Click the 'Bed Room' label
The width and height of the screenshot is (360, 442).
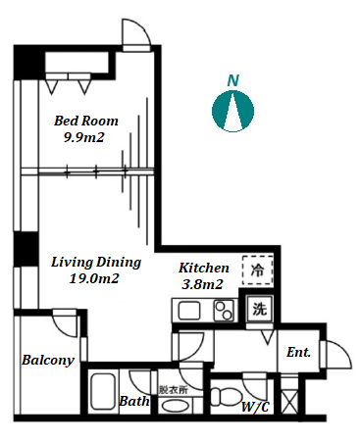coord(86,121)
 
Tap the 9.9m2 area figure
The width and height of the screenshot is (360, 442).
coord(83,137)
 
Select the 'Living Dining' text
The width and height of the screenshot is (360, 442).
coord(96,263)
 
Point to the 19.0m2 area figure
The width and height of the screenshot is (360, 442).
coord(94,278)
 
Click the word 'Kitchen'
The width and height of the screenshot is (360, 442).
coord(204,268)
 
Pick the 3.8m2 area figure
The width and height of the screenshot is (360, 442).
coord(202,284)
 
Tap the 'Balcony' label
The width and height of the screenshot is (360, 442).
coord(48,361)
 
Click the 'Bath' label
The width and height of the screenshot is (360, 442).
coord(134,401)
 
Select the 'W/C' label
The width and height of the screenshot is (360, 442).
coord(255,407)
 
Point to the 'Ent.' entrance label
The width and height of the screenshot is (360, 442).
coord(298,352)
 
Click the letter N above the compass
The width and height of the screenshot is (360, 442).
coord(233,80)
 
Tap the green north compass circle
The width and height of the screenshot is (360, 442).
coord(233,111)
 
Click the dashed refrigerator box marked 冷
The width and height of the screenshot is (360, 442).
coord(258,270)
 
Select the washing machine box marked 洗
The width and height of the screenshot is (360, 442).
coord(259,309)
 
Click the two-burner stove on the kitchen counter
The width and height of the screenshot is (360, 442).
coord(224,311)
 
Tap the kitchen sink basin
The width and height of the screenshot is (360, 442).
coord(189,311)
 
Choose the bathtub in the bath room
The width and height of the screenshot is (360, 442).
coord(103,393)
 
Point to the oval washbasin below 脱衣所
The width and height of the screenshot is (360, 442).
coord(176,407)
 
